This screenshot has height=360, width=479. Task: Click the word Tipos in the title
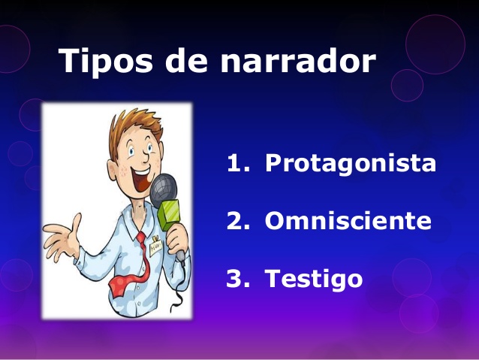(105, 61)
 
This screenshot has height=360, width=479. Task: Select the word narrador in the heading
(298, 60)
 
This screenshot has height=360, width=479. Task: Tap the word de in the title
(186, 60)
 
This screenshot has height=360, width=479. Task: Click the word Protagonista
(351, 163)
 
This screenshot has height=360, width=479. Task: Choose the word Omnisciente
(348, 220)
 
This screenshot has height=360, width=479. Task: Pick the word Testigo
(314, 279)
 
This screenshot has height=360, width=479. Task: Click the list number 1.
(238, 162)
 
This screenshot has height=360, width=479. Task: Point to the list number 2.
(238, 220)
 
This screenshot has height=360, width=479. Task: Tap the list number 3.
(238, 278)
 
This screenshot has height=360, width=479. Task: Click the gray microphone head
(164, 190)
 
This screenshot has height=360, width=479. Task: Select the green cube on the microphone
(169, 215)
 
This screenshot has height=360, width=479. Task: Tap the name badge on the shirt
(156, 247)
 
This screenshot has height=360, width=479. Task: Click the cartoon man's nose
(146, 156)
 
